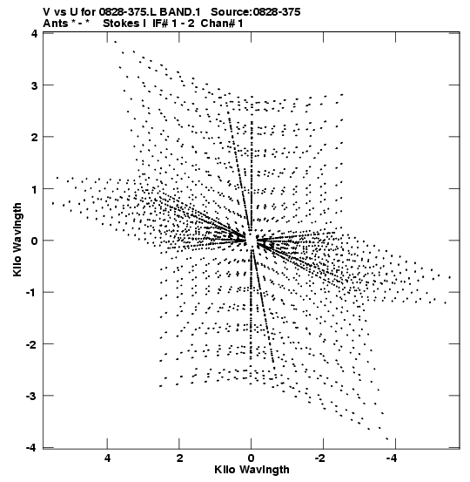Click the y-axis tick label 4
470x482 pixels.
pos(35,34)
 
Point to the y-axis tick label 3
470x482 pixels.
pos(35,85)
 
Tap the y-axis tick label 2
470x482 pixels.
pos(35,138)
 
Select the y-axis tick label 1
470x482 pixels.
pos(35,189)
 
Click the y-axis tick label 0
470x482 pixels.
pos(35,241)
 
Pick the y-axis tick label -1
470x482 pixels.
pos(32,293)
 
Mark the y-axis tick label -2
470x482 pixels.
pos(32,344)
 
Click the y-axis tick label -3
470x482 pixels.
pos(32,397)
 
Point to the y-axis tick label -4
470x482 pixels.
pos(32,448)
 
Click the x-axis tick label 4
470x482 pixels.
pos(107,458)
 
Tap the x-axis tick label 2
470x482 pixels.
pos(179,458)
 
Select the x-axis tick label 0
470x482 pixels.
pos(252,458)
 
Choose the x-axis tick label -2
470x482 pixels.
pos(321,458)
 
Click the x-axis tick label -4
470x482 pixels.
pos(393,458)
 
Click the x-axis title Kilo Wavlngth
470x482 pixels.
pos(252,470)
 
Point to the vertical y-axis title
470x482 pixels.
pos(17,240)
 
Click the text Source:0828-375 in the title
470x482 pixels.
pos(256,12)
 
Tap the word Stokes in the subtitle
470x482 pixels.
pos(121,24)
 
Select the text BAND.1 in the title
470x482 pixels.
pos(180,12)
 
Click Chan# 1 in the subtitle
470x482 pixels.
pos(222,24)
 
